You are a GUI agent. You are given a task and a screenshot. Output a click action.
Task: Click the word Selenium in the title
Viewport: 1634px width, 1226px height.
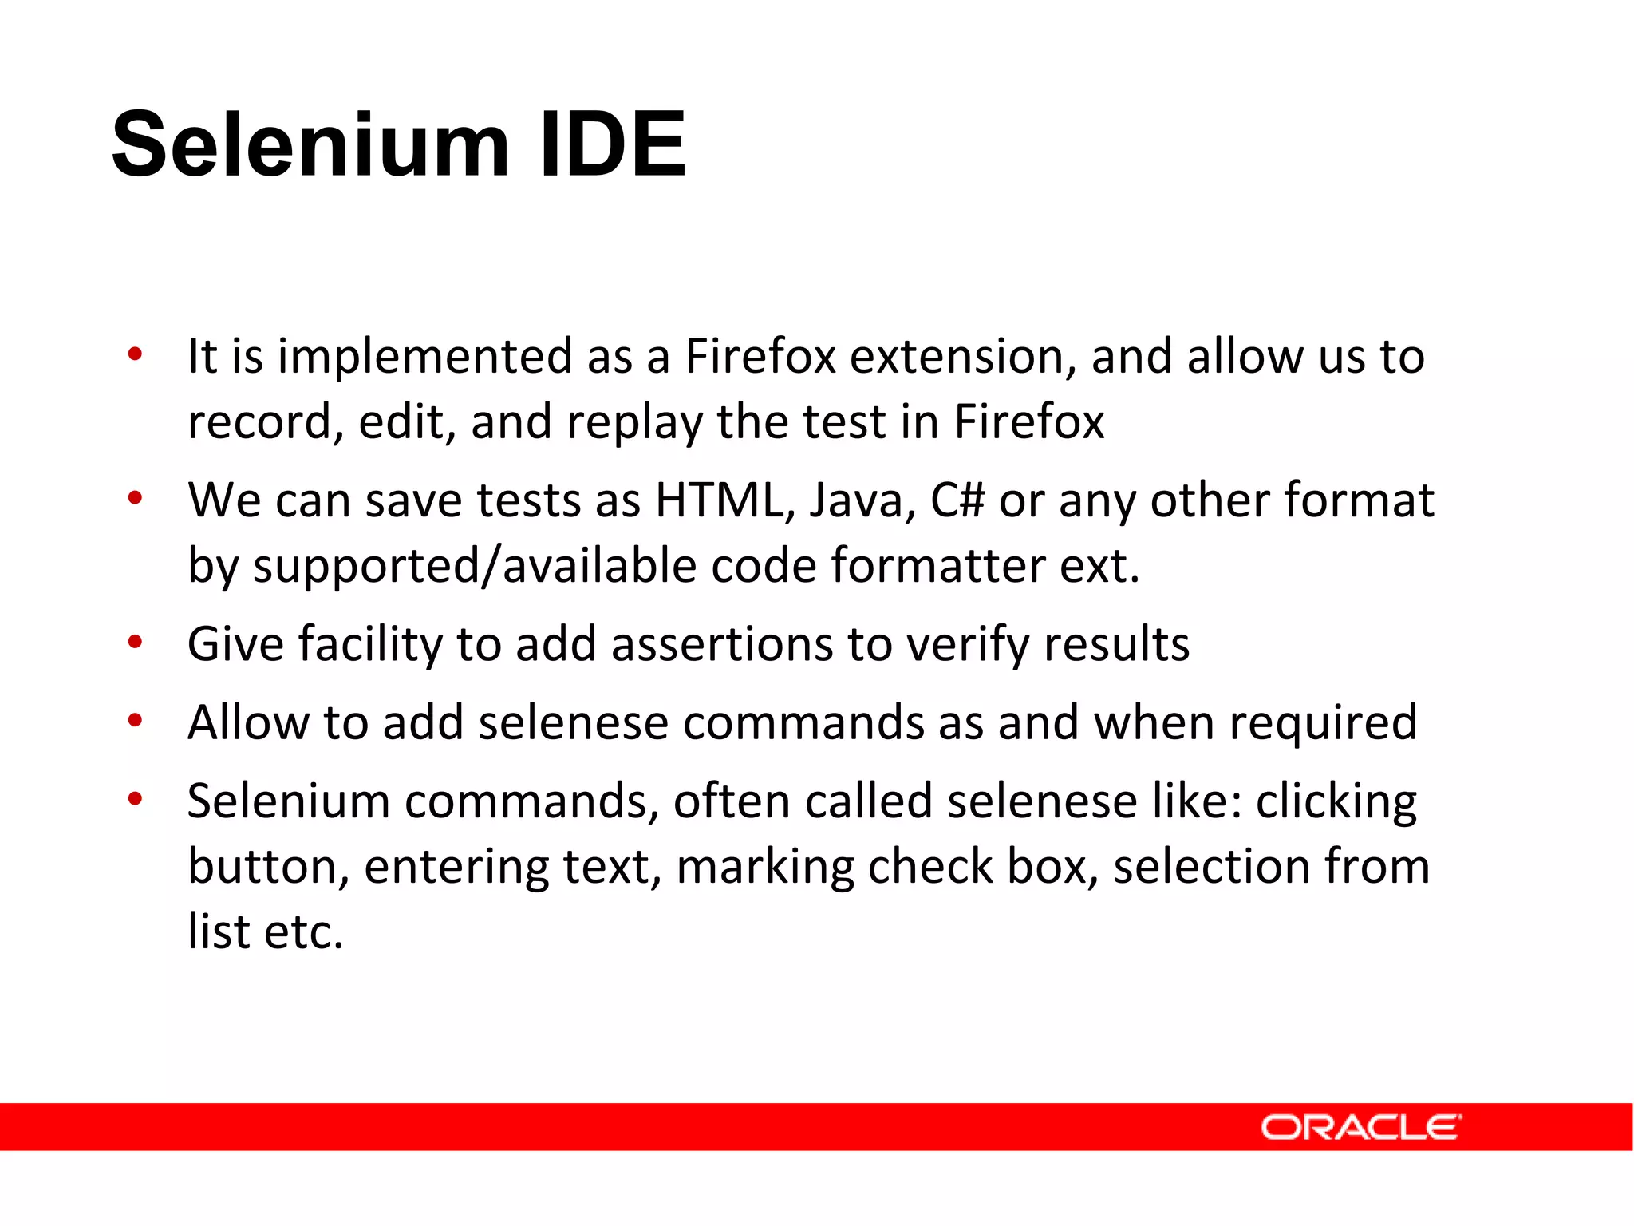310,145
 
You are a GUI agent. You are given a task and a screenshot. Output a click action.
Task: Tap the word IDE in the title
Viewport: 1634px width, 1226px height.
612,145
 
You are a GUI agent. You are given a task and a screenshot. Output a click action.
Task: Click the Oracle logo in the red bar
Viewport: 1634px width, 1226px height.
1360,1127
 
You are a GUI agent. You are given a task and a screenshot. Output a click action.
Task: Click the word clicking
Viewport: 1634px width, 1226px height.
1336,802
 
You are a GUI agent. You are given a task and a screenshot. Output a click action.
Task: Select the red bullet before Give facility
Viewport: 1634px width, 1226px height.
135,641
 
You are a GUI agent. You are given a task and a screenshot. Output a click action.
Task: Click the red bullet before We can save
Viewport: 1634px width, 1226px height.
135,498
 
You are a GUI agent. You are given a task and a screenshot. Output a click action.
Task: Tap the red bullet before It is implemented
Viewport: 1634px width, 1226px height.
135,354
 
